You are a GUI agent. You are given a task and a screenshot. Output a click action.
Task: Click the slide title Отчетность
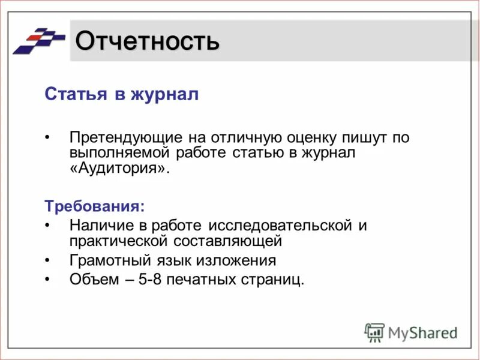(x=147, y=41)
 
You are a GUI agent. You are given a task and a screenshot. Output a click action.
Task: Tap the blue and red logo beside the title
(x=39, y=41)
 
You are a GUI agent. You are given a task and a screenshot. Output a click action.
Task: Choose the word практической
(x=119, y=241)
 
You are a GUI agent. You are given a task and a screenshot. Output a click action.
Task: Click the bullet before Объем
(x=49, y=279)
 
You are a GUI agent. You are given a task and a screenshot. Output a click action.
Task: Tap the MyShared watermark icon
(x=374, y=332)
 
